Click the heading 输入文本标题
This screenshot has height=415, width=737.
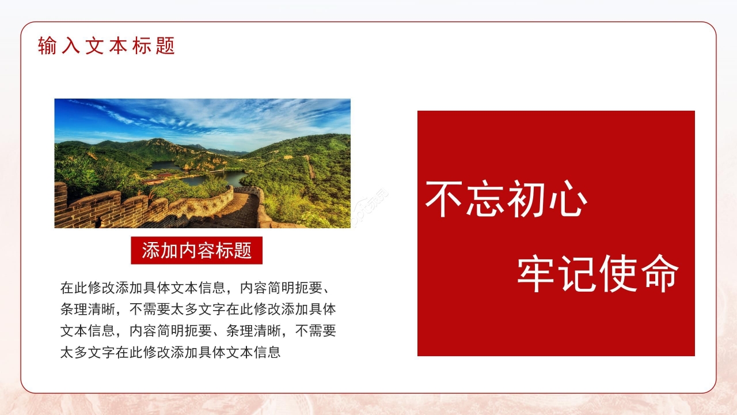tap(107, 46)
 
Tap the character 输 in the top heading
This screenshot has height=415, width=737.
tap(47, 46)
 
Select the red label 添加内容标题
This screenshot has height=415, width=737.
tap(196, 251)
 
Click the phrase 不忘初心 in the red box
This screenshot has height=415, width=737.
tap(506, 199)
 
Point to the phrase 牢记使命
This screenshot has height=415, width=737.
tap(597, 273)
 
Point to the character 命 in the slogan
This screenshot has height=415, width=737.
tap(658, 273)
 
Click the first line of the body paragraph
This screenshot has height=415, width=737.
tap(197, 287)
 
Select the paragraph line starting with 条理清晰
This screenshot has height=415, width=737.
tap(197, 309)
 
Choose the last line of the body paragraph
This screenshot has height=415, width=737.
tap(170, 352)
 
